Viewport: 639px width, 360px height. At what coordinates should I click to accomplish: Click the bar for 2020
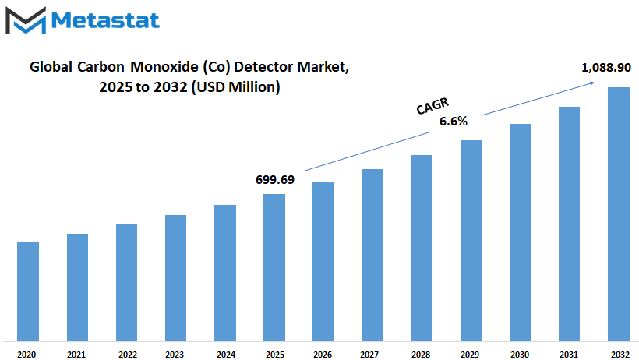click(28, 291)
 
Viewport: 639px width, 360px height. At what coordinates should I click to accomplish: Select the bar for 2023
click(175, 278)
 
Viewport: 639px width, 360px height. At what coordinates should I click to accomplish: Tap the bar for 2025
click(274, 267)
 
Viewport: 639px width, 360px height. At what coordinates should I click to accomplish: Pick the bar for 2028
click(422, 248)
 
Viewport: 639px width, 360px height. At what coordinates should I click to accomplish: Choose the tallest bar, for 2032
click(619, 214)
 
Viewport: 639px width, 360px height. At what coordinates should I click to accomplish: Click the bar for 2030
click(520, 232)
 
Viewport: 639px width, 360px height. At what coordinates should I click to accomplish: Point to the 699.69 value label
click(274, 180)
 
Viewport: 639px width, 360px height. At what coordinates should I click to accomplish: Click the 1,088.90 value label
click(606, 68)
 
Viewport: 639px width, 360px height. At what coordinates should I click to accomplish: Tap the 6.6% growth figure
click(454, 121)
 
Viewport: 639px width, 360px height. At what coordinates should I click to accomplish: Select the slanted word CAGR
click(432, 106)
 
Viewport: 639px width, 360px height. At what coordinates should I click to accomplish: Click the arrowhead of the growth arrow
click(592, 83)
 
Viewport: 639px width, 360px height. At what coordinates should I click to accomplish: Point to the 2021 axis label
click(76, 355)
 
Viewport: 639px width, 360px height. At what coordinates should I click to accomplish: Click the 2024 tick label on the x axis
click(226, 355)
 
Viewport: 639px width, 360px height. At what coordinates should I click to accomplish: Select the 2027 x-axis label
click(369, 355)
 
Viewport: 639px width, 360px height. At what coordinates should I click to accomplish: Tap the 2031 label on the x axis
click(569, 355)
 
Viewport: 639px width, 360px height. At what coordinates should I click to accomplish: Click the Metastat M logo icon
click(26, 20)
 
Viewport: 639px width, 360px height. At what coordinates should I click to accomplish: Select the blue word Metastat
click(105, 20)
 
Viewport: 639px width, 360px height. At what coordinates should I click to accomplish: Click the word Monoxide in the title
click(164, 67)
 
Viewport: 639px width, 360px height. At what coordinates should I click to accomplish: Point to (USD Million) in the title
click(235, 86)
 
